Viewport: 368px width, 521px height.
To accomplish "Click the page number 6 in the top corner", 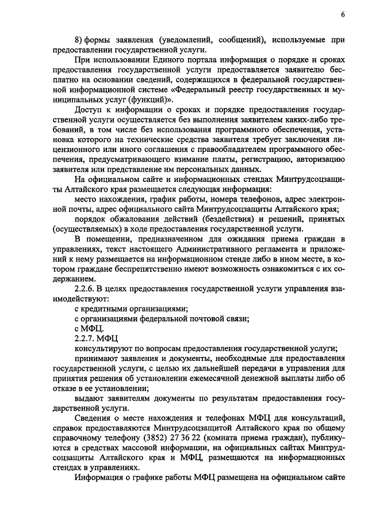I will click(343, 14).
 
